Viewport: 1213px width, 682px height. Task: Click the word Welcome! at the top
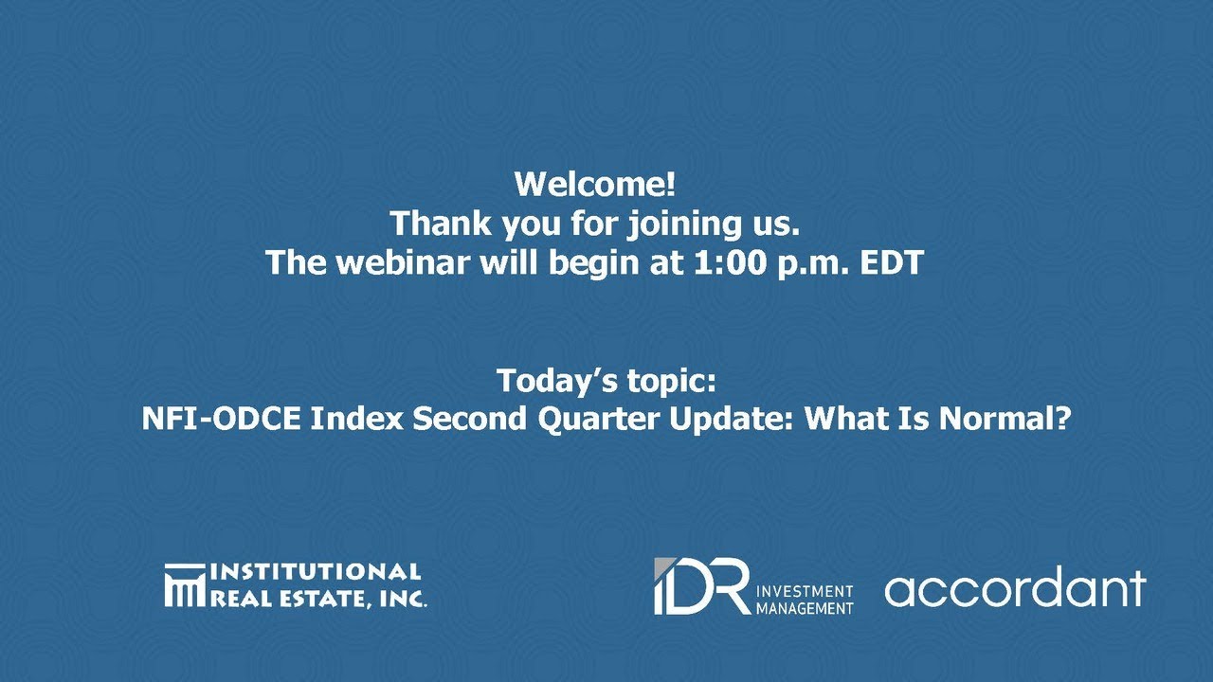coord(594,184)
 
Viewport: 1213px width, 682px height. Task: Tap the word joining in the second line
coord(684,224)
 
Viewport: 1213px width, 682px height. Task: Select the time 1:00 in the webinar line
coord(734,262)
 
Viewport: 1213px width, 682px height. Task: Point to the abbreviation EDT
coord(891,262)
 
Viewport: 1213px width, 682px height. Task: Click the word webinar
coord(402,262)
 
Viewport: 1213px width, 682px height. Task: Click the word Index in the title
coord(357,419)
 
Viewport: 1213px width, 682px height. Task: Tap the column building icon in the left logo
coord(184,585)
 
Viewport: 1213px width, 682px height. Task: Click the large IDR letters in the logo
coord(701,586)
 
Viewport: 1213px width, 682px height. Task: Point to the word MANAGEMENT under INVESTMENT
coord(805,608)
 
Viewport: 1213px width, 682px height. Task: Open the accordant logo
coord(1015,588)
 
